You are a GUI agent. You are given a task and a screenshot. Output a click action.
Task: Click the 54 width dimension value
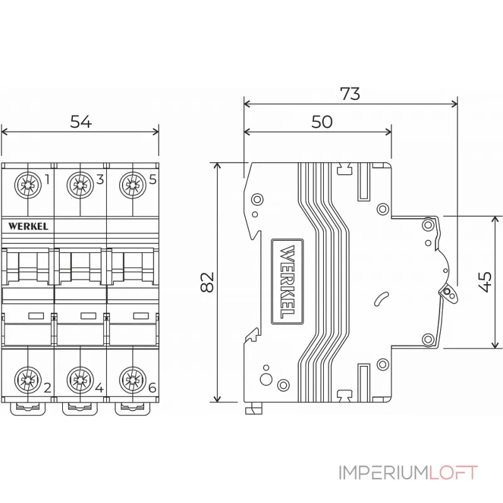80,122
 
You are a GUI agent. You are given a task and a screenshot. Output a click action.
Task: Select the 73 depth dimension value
350,94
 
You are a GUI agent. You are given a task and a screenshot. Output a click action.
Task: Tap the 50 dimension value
321,122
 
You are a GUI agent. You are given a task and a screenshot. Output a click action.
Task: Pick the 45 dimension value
484,282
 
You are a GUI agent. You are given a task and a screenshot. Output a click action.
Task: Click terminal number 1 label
47,180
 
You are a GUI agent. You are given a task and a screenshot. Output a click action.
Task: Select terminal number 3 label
100,180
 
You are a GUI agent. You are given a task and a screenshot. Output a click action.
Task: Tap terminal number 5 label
153,180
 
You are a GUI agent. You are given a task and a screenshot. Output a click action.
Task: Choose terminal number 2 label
47,387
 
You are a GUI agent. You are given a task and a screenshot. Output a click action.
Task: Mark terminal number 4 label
99,387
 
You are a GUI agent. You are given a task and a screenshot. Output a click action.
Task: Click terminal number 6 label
152,387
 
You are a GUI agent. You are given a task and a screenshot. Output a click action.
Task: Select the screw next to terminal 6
132,380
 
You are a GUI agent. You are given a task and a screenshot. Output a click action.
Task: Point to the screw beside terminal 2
27,380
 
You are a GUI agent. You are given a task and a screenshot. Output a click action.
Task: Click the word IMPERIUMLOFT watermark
408,473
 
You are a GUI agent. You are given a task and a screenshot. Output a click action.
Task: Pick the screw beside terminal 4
80,380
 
